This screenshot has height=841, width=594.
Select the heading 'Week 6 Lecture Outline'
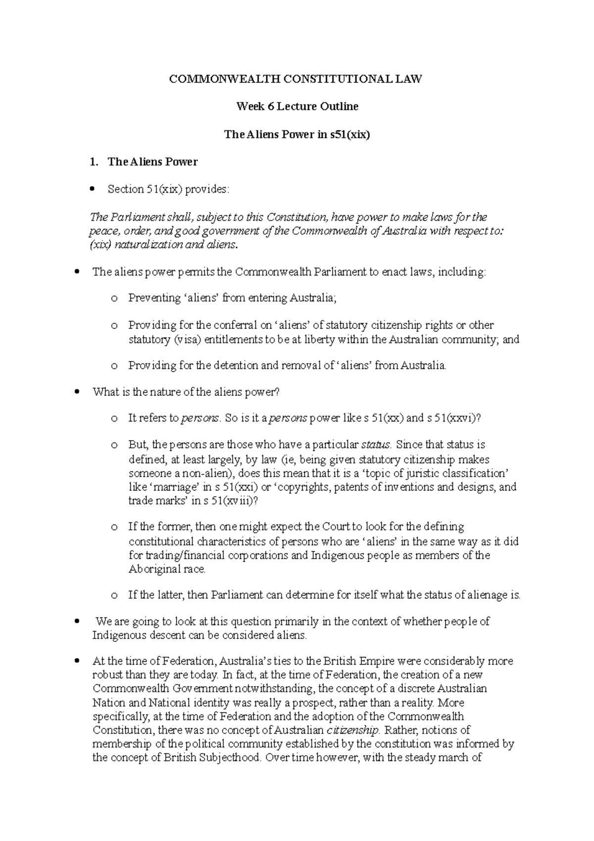click(x=297, y=106)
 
